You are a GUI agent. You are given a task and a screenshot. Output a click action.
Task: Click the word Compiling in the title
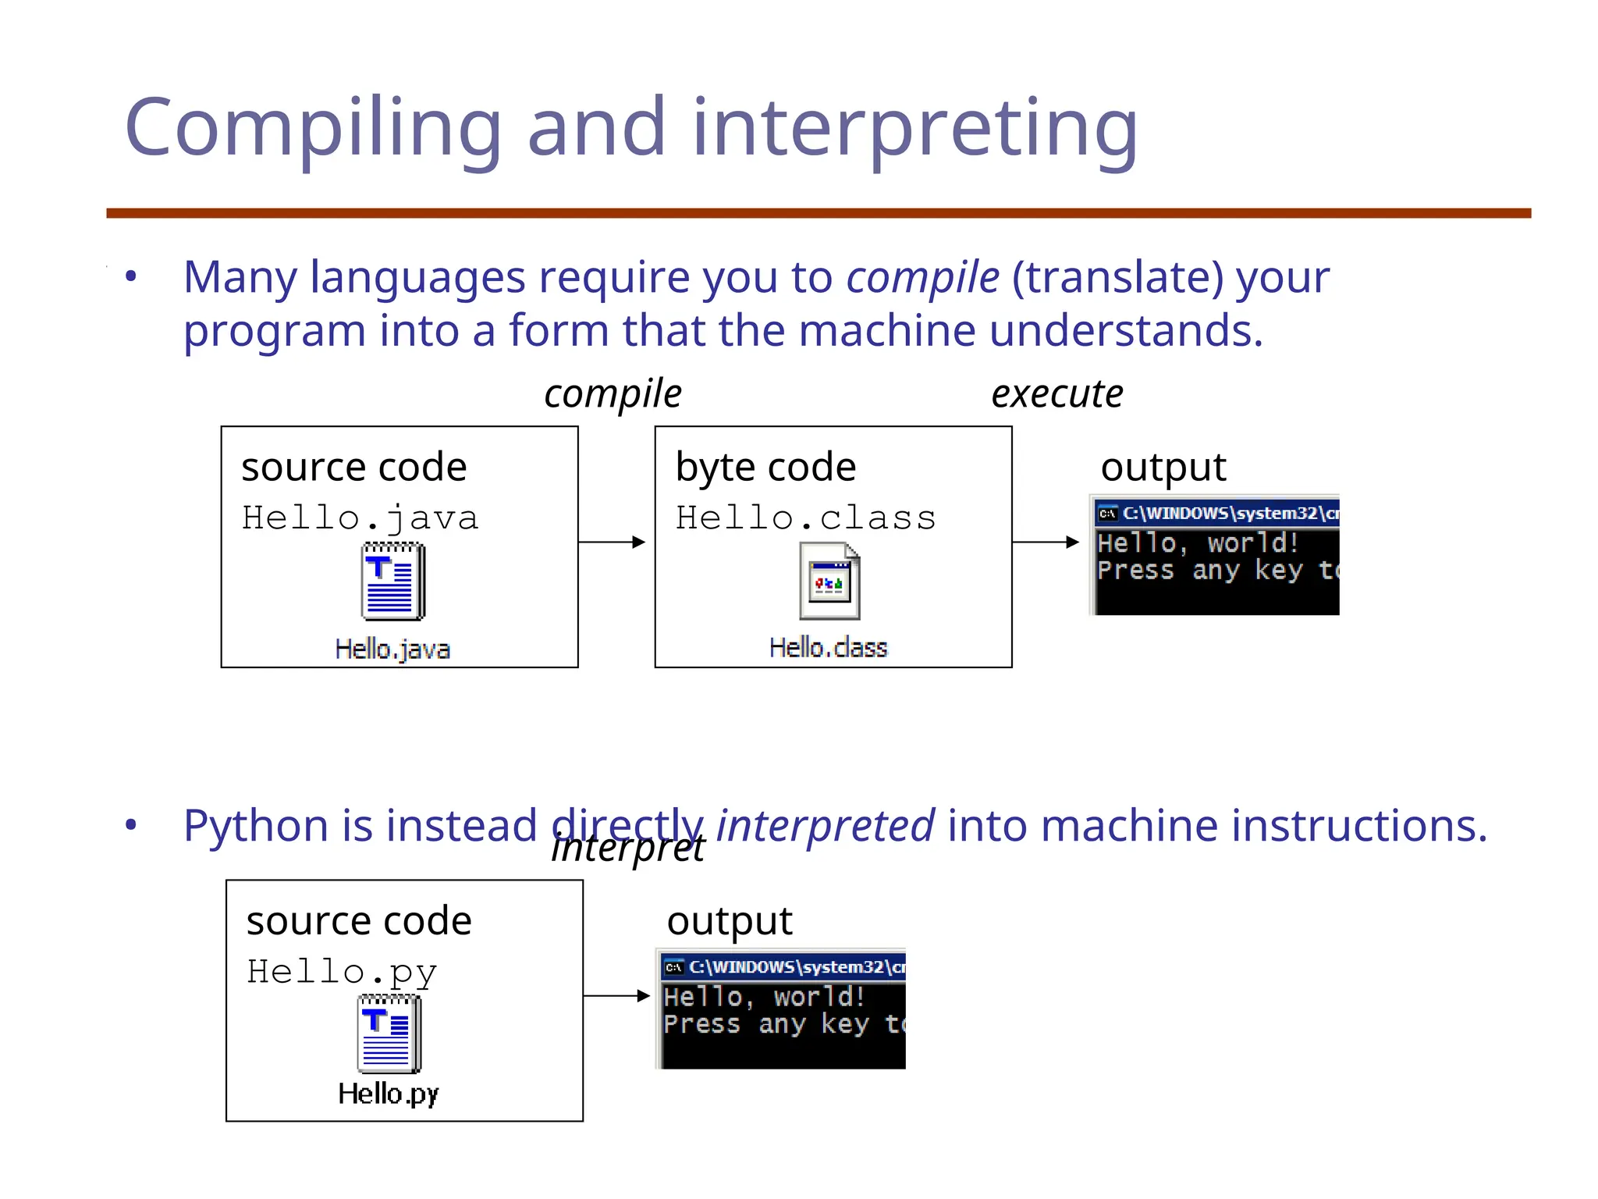click(312, 129)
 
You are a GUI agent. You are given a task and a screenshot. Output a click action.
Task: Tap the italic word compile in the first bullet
click(922, 277)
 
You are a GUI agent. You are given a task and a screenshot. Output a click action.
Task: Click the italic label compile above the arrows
click(613, 393)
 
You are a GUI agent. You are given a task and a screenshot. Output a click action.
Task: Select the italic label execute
click(1056, 393)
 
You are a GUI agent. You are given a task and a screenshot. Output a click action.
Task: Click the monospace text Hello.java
click(360, 518)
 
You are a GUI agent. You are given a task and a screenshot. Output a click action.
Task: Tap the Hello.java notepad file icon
click(393, 582)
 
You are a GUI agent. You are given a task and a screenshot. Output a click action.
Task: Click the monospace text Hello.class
click(805, 518)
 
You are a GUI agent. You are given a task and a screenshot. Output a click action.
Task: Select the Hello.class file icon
click(829, 582)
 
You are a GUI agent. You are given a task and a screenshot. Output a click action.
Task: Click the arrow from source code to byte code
click(613, 542)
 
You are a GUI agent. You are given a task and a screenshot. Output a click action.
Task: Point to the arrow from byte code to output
click(1046, 542)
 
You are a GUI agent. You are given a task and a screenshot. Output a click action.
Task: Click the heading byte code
click(765, 467)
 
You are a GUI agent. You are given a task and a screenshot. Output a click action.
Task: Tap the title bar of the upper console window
click(1217, 513)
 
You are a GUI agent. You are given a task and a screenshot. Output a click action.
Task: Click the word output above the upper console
click(1163, 467)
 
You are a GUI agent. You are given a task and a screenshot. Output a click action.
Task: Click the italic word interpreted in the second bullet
click(825, 826)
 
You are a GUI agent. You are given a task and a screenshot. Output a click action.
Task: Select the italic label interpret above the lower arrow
click(628, 849)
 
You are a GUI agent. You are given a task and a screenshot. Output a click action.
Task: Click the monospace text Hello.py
click(342, 972)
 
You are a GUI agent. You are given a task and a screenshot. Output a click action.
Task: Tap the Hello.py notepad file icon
click(389, 1035)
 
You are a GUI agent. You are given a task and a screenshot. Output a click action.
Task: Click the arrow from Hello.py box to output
click(616, 996)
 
